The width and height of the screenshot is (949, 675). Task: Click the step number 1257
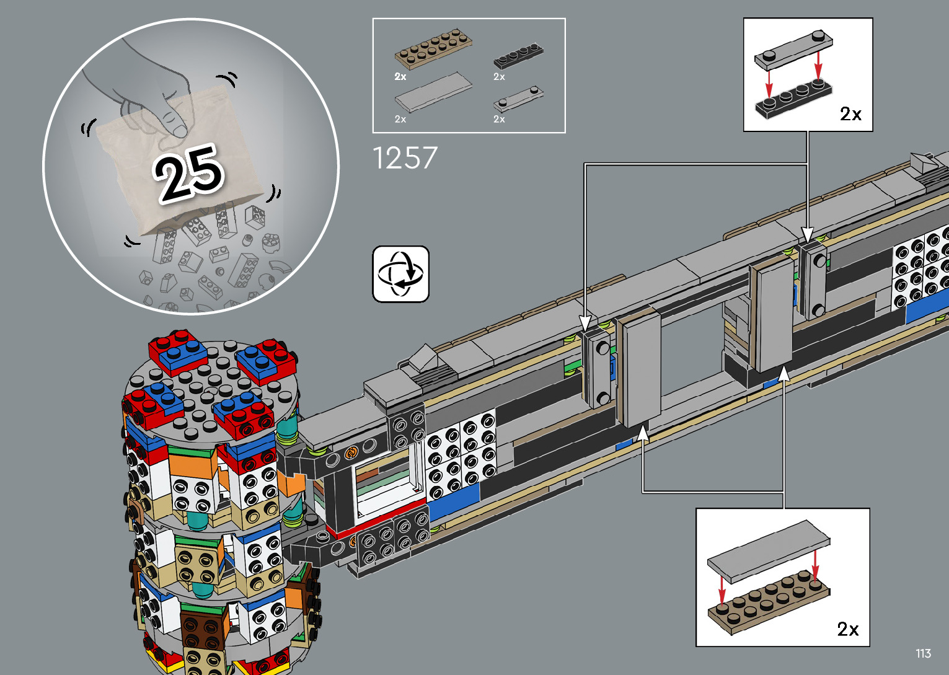point(405,158)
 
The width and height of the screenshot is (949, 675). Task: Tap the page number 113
point(923,653)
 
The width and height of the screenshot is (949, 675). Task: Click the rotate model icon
point(400,274)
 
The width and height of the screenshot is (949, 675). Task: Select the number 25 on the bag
point(188,173)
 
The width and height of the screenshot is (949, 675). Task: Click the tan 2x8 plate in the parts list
point(433,49)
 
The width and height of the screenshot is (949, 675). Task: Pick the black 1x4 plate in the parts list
point(518,56)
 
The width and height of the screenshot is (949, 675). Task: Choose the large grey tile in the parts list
point(433,92)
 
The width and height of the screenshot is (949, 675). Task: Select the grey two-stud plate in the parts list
point(518,99)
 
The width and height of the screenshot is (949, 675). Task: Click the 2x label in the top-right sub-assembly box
point(850,114)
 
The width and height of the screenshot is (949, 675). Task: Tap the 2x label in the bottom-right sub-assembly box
point(847,629)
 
